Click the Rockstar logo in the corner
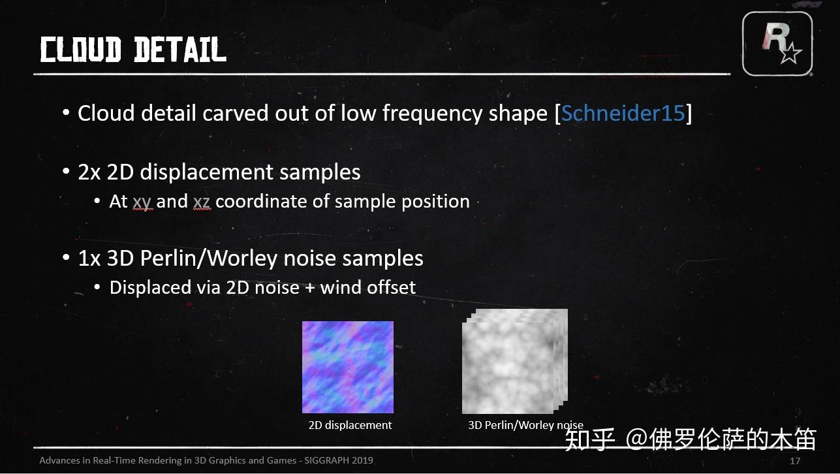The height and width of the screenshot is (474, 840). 777,43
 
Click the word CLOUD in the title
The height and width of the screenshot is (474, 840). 80,50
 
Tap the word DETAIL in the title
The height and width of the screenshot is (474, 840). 179,50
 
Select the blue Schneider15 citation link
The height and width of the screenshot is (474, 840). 623,113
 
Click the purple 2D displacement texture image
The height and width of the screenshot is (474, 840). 347,367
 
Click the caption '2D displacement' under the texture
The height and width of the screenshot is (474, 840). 350,425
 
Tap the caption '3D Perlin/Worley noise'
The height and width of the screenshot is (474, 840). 525,425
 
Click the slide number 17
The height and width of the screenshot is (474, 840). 795,461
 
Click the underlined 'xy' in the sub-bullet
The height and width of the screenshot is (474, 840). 142,202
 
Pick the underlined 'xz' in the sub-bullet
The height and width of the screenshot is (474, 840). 202,202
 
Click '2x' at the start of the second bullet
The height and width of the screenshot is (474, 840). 89,172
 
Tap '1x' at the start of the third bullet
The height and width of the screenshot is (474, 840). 89,259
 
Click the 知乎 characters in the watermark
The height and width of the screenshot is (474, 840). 590,439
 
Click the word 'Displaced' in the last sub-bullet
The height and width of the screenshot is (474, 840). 149,287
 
